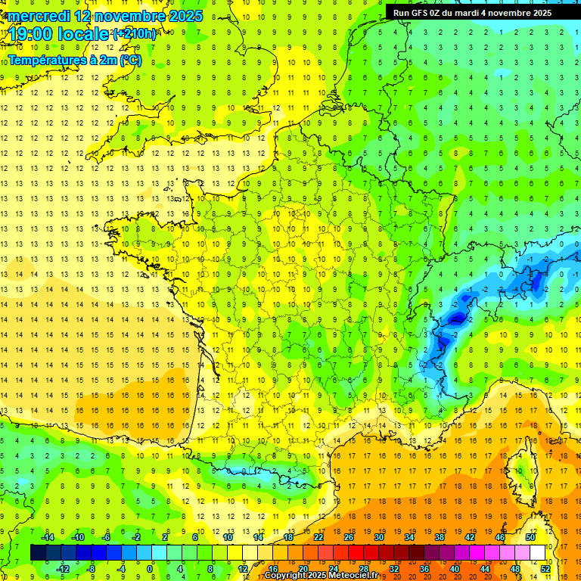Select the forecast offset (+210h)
[135, 34]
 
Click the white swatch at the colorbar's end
[538, 552]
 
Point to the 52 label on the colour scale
[545, 568]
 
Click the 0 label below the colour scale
[150, 568]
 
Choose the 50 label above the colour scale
[530, 536]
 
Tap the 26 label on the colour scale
[349, 536]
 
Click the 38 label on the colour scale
[440, 536]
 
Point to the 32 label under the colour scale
[394, 568]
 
